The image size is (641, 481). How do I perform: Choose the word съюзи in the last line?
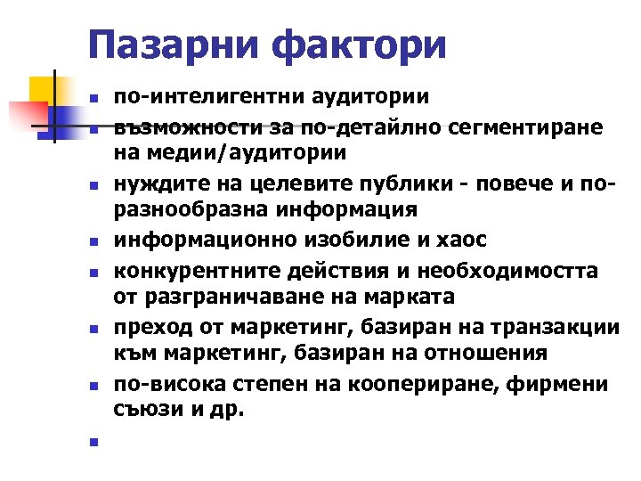tap(143, 412)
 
